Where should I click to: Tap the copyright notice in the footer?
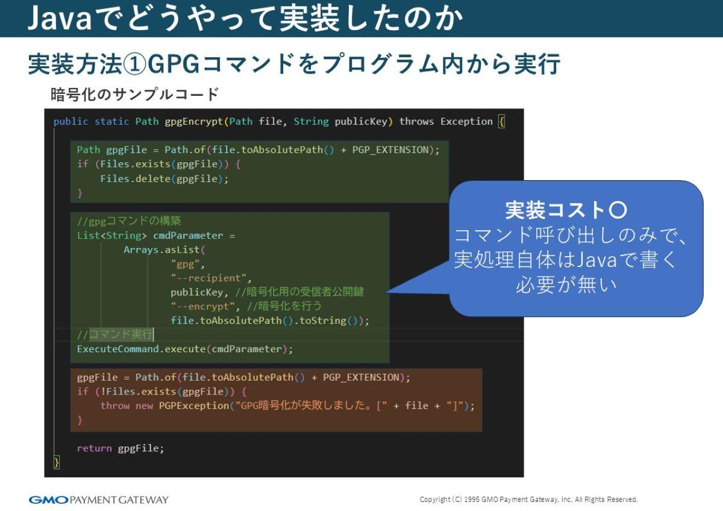tap(528, 500)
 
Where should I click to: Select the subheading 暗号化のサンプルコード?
tap(134, 95)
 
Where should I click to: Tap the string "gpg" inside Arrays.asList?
tap(188, 264)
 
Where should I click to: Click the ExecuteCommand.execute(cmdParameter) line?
tap(185, 349)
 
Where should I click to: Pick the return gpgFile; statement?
tap(120, 448)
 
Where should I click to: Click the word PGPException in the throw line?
tap(193, 406)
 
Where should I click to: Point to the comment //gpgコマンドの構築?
tap(129, 221)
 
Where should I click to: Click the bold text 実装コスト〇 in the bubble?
tap(566, 210)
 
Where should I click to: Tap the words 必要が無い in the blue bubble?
tap(566, 284)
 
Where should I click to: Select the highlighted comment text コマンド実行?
tap(121, 334)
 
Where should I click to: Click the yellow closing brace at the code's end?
tap(57, 463)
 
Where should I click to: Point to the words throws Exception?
tap(446, 121)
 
